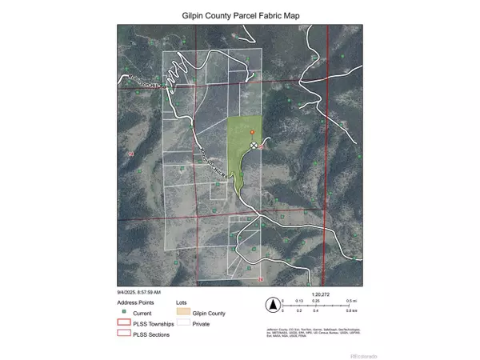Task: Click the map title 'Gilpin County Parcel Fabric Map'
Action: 240,15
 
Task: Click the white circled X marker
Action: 254,146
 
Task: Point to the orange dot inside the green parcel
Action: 252,131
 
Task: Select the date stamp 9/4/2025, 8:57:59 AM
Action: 139,292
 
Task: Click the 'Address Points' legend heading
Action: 134,303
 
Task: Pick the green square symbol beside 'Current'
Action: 124,313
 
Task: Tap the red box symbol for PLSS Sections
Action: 124,334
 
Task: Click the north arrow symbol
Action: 273,305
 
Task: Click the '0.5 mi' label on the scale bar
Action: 350,301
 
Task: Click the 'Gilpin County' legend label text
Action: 210,314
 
